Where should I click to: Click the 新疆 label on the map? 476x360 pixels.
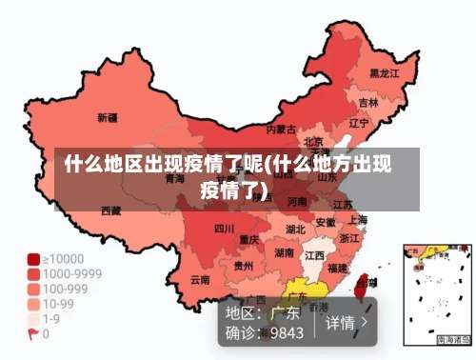click(108, 118)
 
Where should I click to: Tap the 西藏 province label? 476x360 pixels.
click(110, 210)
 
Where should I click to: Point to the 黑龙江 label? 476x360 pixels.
click(384, 72)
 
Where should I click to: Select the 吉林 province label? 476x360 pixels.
click(367, 102)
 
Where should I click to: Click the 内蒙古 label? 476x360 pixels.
click(281, 129)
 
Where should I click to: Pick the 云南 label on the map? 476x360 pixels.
click(199, 280)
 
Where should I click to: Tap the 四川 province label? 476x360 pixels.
click(224, 229)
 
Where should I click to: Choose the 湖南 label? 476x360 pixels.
click(284, 253)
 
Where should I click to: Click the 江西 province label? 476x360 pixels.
click(315, 255)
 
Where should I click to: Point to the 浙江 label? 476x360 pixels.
click(349, 238)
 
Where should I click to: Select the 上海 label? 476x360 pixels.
click(358, 219)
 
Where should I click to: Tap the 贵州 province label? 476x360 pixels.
click(244, 267)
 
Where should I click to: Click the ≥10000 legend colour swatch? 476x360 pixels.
click(33, 259)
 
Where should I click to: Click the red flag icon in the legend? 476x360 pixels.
click(32, 334)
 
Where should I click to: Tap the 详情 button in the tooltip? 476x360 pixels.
click(346, 322)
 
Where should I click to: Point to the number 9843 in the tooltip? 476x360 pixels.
click(287, 333)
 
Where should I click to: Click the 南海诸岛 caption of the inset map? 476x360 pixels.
click(453, 339)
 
